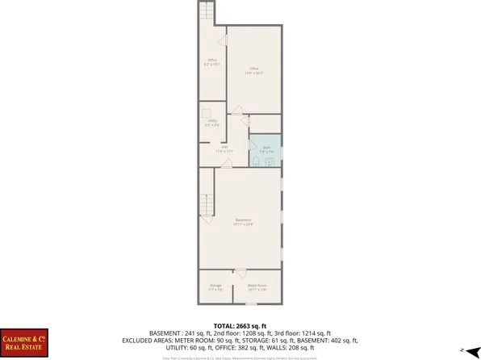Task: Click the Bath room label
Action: (x=266, y=149)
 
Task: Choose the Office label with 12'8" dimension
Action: (x=254, y=70)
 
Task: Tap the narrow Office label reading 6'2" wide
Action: (x=212, y=62)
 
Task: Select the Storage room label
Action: (x=215, y=287)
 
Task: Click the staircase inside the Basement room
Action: (x=207, y=204)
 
